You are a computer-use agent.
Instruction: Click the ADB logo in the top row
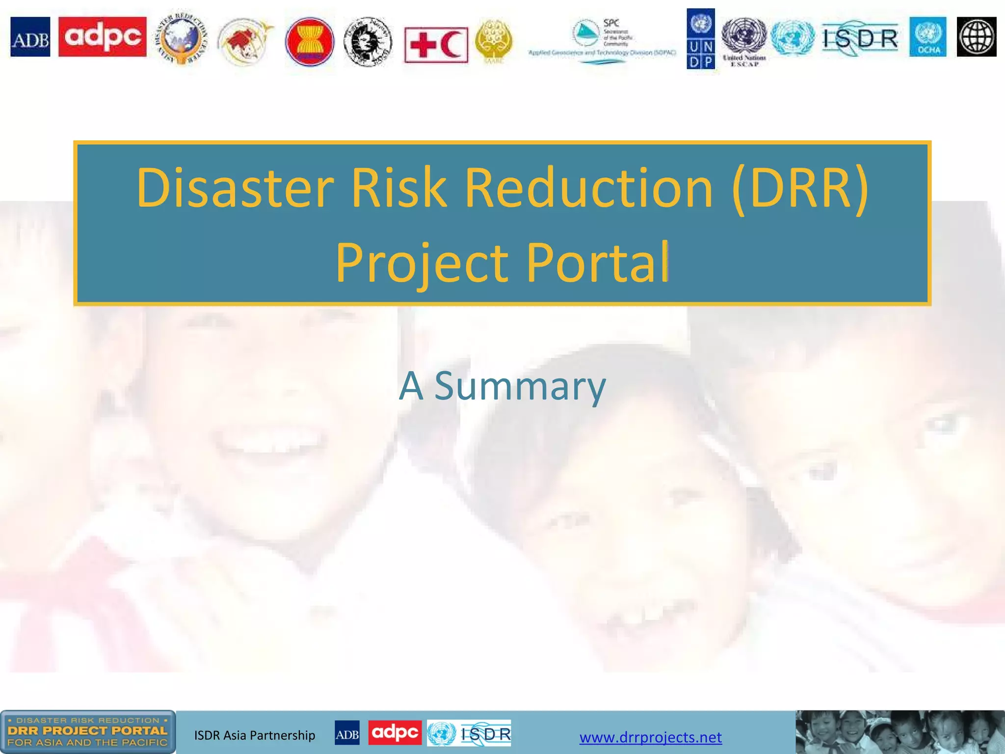[x=30, y=37]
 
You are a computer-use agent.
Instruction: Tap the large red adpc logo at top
[x=102, y=37]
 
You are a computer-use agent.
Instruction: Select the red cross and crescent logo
[x=436, y=45]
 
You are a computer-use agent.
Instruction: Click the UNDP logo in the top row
[x=701, y=39]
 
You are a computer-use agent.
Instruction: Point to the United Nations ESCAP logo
[x=744, y=42]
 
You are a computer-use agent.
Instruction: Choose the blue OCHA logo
[x=927, y=37]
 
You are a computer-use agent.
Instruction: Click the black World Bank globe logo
[x=977, y=37]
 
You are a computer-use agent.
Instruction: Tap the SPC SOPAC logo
[x=602, y=42]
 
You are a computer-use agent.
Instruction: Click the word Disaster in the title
[x=235, y=188]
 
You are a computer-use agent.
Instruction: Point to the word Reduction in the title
[x=588, y=188]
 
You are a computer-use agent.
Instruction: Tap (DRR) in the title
[x=800, y=188]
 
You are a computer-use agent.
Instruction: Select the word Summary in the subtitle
[x=520, y=386]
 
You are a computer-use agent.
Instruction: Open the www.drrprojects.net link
[x=650, y=737]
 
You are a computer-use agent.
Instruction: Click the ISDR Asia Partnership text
[x=255, y=735]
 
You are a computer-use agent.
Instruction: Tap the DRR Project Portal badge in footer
[x=87, y=731]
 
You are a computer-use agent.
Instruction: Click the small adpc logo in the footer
[x=395, y=733]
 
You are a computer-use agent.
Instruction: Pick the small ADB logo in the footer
[x=347, y=733]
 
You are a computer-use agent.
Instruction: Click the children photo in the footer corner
[x=900, y=732]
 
